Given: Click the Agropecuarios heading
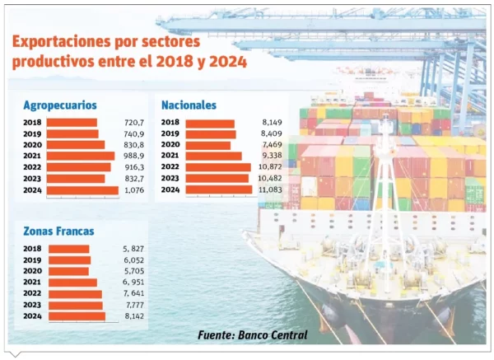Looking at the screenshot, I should [x=60, y=105].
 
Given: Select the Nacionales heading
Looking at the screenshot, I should [x=189, y=105].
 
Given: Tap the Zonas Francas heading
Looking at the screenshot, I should [x=58, y=231].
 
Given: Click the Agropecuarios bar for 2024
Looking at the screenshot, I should [x=82, y=190].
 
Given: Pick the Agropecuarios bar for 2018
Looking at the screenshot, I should [x=72, y=122].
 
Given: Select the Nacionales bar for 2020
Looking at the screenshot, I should [x=208, y=145].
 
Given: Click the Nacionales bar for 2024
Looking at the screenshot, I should [x=219, y=189].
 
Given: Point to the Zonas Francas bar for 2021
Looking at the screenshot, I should [x=72, y=283].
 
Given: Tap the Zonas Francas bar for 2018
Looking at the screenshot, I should [x=68, y=249].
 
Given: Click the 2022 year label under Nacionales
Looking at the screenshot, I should [x=170, y=167].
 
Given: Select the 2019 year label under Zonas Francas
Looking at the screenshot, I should [x=33, y=260].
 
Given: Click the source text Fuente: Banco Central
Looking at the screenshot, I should [x=253, y=335].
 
